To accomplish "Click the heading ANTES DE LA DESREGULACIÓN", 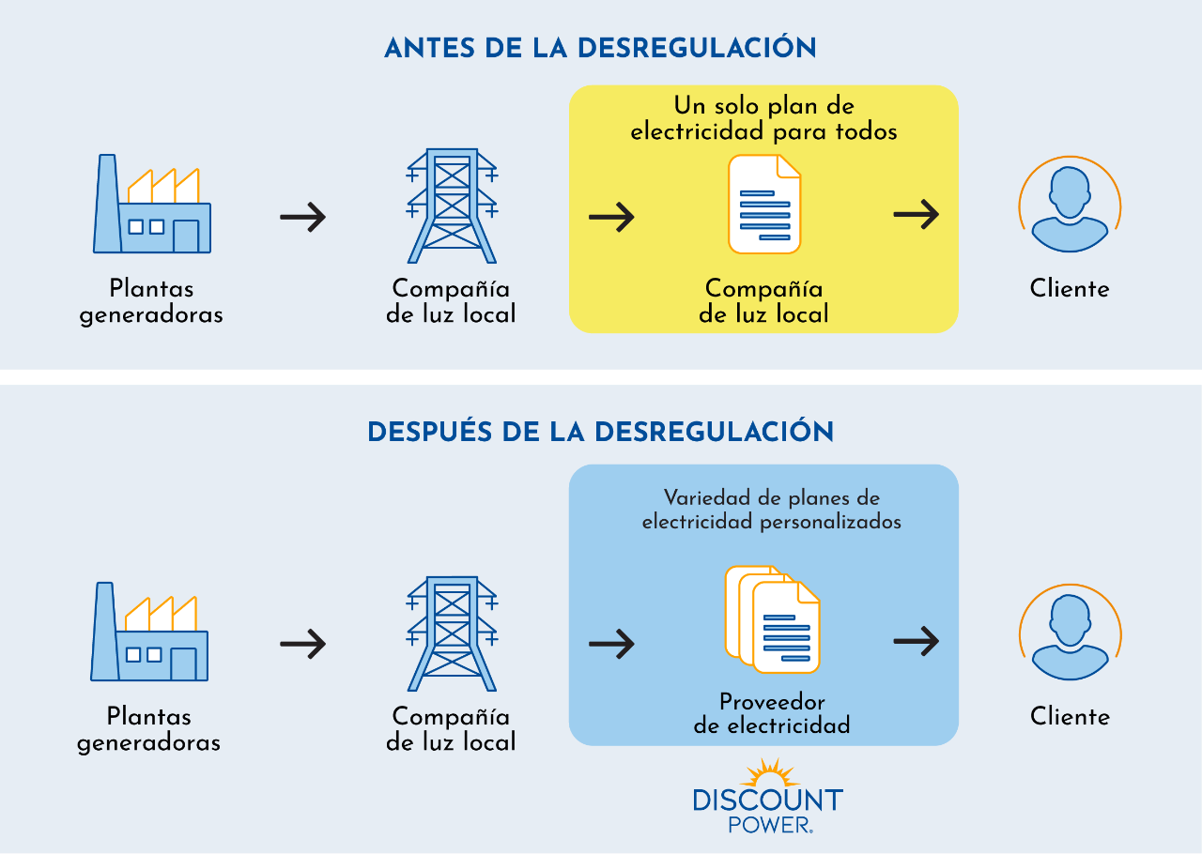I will click(600, 48).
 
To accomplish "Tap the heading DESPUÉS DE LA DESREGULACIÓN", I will click(600, 432).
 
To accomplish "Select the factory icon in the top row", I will click(152, 206).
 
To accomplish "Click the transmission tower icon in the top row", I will click(452, 206).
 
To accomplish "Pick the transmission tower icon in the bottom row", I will click(452, 633).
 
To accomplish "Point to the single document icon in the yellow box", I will click(764, 205).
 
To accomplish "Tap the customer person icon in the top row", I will click(1070, 206).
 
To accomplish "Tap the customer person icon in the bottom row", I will click(1070, 633).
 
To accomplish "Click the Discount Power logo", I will click(767, 798).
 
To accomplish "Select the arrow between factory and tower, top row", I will click(302, 217).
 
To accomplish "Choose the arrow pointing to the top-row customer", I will click(916, 215).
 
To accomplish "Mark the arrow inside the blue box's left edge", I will click(611, 643).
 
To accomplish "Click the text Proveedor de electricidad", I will click(772, 713).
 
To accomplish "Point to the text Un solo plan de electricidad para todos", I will click(763, 118).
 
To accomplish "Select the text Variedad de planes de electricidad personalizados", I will click(772, 510).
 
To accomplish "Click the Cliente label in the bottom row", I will click(1070, 716).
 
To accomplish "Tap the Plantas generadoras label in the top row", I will click(151, 301).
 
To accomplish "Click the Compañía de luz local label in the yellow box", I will click(763, 301).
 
